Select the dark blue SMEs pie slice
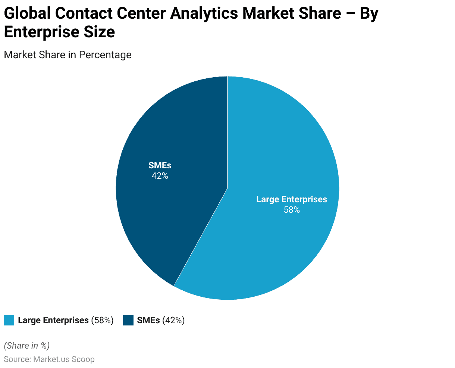(175, 209)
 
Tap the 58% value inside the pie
(292, 210)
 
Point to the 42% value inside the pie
(160, 176)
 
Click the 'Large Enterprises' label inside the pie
(292, 200)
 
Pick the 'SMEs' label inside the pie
(160, 166)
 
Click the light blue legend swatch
(9, 321)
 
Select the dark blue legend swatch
(128, 321)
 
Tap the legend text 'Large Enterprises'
(53, 321)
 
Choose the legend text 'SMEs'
(148, 321)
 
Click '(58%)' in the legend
(102, 321)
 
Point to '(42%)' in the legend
(173, 321)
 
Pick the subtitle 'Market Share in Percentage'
(68, 55)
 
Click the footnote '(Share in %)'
(26, 346)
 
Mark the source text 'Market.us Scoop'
(64, 359)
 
